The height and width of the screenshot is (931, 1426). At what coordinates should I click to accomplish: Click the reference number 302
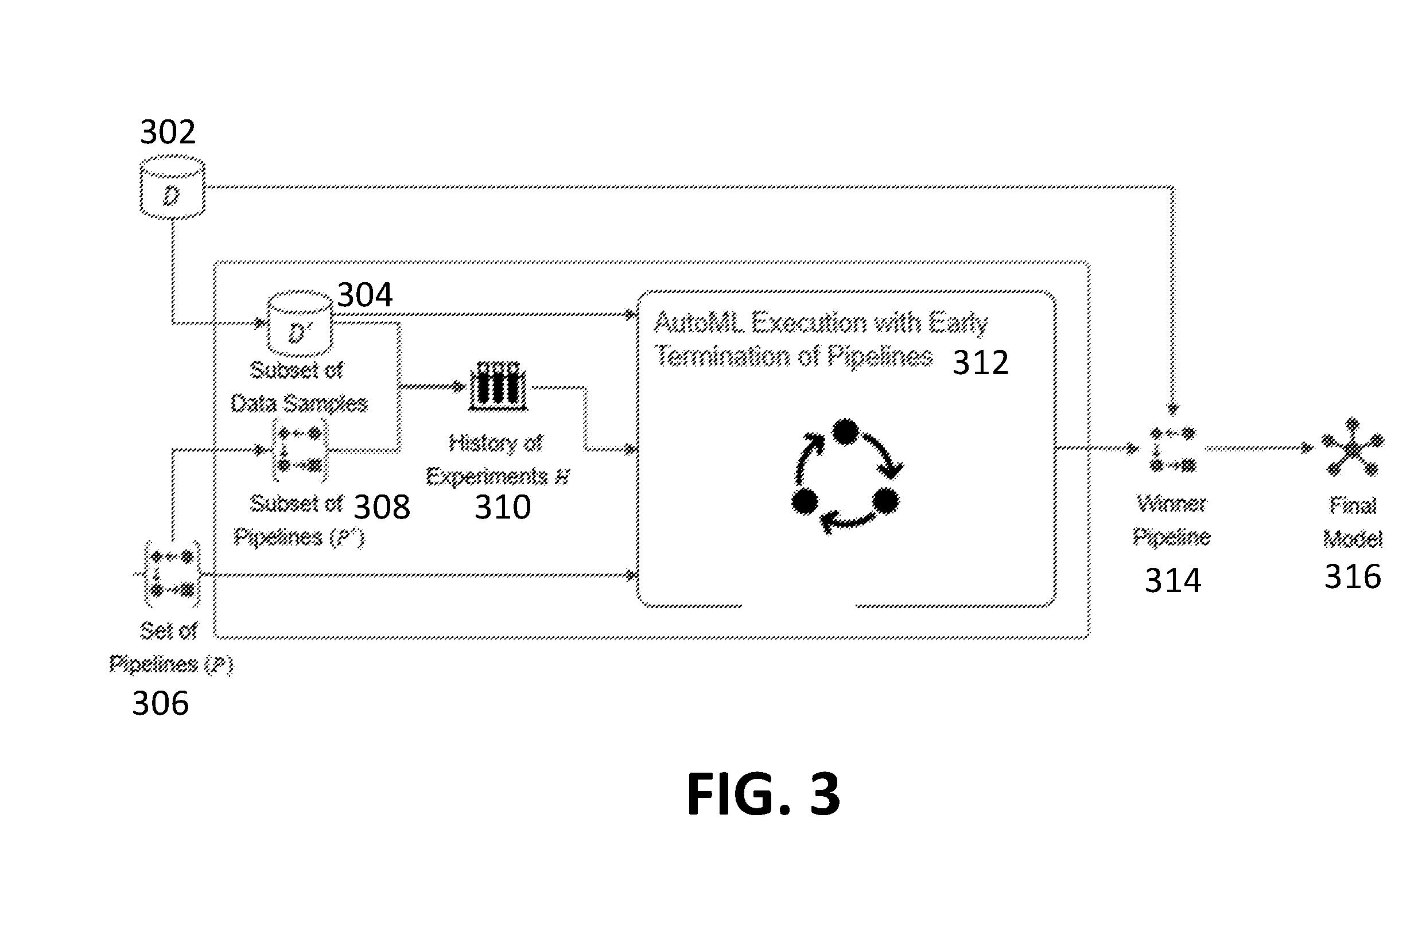coord(168,132)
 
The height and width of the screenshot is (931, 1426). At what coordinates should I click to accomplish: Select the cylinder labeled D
coord(173,188)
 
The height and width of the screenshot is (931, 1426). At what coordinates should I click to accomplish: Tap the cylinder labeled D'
coord(300,324)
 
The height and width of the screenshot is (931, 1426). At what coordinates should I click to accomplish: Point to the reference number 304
coord(365,295)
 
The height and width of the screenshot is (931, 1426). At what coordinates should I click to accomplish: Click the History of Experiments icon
coord(498,387)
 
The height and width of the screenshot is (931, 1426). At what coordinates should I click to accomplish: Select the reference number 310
coord(503,508)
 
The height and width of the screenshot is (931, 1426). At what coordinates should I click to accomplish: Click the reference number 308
coord(382,508)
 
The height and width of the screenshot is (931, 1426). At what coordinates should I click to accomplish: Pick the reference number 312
coord(981,363)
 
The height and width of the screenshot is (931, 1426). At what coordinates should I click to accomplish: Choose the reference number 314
coord(1173,581)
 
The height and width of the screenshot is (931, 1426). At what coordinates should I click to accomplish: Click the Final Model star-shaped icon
coord(1353,447)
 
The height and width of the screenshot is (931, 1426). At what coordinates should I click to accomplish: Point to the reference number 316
coord(1353,577)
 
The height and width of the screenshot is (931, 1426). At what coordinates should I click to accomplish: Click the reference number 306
coord(160,703)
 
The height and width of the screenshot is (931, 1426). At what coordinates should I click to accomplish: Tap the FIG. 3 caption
coord(763,794)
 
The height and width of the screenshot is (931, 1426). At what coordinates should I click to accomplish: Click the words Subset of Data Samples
coord(299,387)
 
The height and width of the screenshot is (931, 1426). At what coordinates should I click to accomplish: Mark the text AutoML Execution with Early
coord(821,323)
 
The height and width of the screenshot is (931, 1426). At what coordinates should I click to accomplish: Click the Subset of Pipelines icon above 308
coord(300,449)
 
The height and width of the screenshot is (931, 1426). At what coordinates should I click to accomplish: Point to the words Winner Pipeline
coord(1171,520)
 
